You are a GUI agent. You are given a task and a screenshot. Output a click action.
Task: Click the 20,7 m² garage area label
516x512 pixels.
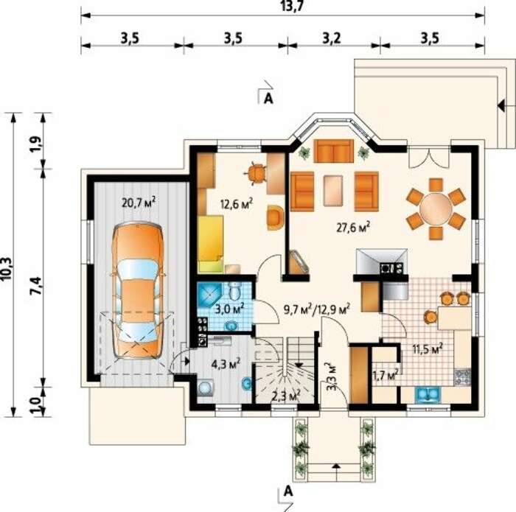(139, 203)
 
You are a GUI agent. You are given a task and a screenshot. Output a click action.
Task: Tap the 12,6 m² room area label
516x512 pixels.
(237, 204)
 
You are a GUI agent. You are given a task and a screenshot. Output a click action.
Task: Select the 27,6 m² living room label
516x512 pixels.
(353, 227)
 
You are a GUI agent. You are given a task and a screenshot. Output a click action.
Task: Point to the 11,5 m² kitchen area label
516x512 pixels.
(428, 348)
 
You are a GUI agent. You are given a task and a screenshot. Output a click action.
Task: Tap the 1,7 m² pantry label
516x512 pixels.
(386, 375)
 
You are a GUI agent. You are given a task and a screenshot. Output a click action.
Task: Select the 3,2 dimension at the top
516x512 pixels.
(332, 38)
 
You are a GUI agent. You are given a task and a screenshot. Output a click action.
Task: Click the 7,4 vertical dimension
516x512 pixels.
(37, 286)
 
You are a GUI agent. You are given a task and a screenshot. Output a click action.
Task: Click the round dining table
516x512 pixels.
(436, 208)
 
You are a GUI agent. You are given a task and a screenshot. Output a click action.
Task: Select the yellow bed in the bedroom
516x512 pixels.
(211, 244)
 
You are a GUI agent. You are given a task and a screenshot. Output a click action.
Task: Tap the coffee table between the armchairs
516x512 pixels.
(333, 190)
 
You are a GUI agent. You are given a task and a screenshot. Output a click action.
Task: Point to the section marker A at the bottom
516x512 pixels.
(288, 491)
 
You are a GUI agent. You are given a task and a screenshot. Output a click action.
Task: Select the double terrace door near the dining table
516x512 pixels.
(429, 158)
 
